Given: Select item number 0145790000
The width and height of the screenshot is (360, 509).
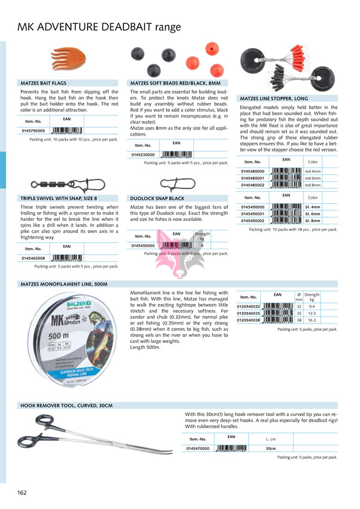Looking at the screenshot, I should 34,131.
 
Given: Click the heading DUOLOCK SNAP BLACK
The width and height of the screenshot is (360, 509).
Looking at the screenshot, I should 157,198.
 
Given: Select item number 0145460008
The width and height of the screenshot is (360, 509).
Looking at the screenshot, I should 34,258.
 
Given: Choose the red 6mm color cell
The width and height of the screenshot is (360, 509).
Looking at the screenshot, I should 313,178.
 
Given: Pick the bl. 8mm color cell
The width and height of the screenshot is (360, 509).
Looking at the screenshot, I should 313,220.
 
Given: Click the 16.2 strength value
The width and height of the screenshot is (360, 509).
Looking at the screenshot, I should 312,320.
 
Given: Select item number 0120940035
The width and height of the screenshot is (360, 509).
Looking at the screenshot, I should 248,313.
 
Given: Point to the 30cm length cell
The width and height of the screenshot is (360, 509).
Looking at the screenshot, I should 271,448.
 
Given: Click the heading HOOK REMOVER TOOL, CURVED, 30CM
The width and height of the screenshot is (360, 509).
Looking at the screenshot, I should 66,405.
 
